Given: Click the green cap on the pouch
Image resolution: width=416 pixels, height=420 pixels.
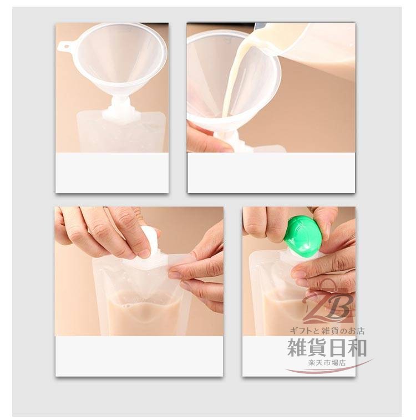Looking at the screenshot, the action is (x=304, y=235).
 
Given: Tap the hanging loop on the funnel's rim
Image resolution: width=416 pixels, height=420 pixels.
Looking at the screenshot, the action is (x=65, y=47).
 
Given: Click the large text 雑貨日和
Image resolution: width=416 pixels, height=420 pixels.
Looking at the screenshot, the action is (x=327, y=347).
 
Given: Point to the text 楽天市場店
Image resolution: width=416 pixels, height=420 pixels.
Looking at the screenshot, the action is (x=327, y=363).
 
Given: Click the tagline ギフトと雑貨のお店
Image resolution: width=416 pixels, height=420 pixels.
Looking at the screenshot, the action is (x=327, y=331).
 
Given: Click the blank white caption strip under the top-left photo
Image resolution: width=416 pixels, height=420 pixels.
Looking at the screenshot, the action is (x=112, y=173).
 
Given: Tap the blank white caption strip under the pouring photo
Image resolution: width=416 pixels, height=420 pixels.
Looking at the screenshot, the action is (x=271, y=173).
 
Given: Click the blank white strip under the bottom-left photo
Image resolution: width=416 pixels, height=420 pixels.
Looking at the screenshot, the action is (x=139, y=356).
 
